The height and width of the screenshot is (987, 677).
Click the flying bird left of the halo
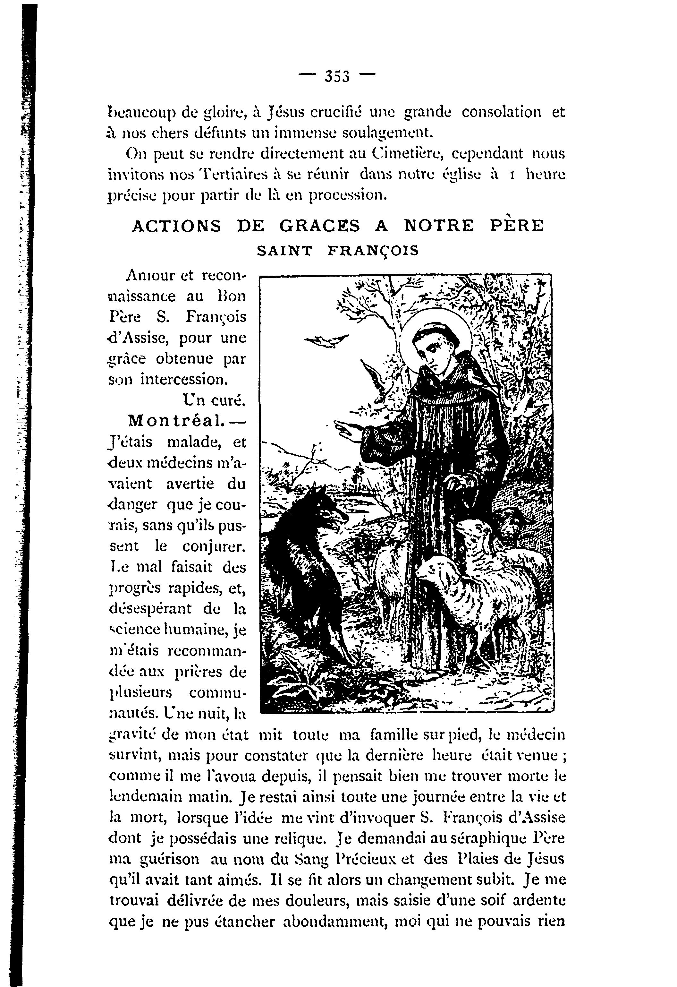point(327,340)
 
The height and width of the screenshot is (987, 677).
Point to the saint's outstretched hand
point(348,429)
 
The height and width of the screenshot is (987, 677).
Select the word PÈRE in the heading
point(517,226)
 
